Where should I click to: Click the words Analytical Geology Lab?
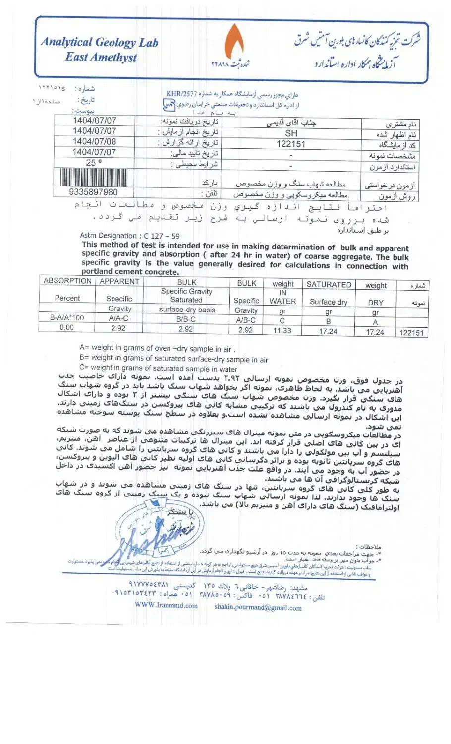(99, 42)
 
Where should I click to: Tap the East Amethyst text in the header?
(101, 57)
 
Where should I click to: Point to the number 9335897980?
(94, 192)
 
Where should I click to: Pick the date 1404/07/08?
(94, 142)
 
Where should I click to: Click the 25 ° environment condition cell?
(94, 163)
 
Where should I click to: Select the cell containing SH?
(291, 133)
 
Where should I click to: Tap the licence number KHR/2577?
(181, 93)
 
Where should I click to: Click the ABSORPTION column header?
(67, 281)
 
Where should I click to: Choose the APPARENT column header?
(119, 282)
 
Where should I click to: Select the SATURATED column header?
(329, 285)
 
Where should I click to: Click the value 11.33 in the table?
(282, 331)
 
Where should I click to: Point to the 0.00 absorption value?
(66, 327)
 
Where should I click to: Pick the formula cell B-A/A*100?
(67, 318)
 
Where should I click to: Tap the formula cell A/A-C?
(118, 318)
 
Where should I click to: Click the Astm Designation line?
(130, 236)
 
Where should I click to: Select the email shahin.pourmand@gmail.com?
(258, 607)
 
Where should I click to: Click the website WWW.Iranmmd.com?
(166, 605)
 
